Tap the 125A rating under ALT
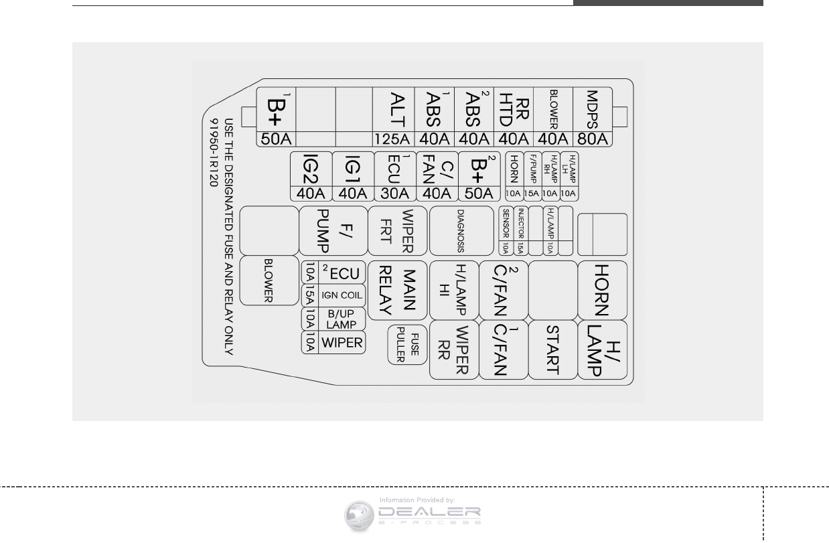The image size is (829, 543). click(393, 139)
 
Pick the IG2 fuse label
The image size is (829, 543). click(310, 169)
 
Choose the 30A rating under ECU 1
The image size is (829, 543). click(394, 193)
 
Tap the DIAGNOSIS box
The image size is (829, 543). click(461, 231)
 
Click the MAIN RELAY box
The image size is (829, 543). click(398, 292)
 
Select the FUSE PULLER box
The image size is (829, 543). click(408, 345)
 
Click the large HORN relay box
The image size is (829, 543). click(601, 289)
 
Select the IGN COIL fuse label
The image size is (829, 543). click(342, 295)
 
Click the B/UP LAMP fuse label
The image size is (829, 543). click(342, 319)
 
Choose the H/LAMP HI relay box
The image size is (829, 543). click(453, 289)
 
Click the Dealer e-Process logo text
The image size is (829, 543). click(429, 514)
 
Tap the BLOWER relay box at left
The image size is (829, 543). click(269, 281)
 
